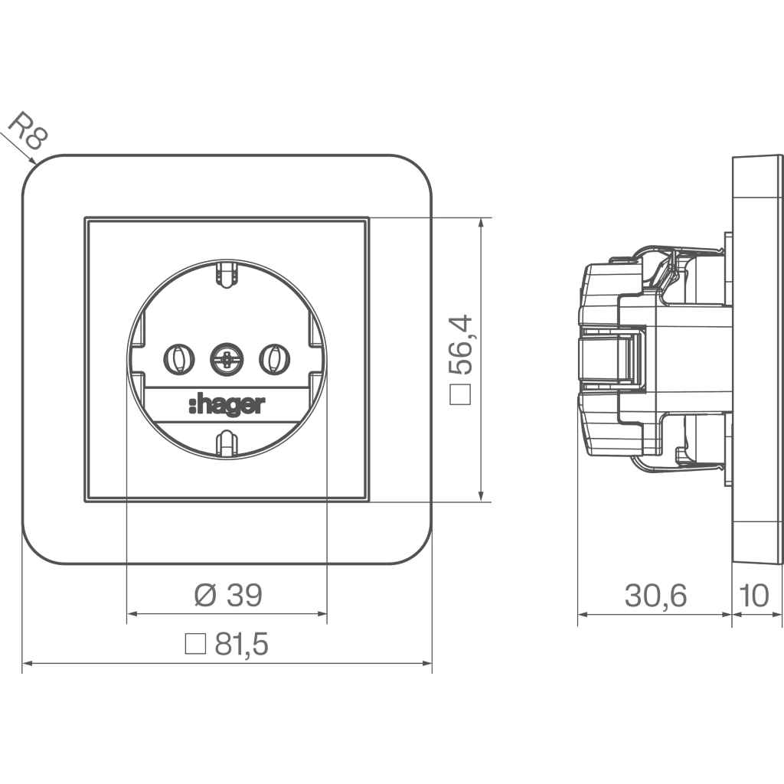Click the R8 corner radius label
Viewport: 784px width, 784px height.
coord(28,130)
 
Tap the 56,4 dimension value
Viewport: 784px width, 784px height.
coord(460,345)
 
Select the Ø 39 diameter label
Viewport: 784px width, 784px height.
coord(228,595)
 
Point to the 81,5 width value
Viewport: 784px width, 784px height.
coord(241,644)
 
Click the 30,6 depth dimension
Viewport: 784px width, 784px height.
coord(655,596)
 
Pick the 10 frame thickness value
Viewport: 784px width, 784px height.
coord(753,596)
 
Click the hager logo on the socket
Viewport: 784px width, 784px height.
coord(227,405)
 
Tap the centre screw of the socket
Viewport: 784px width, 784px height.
coord(227,360)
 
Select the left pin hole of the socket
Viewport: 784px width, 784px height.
coord(179,360)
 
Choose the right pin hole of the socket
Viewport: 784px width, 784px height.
coord(275,360)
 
